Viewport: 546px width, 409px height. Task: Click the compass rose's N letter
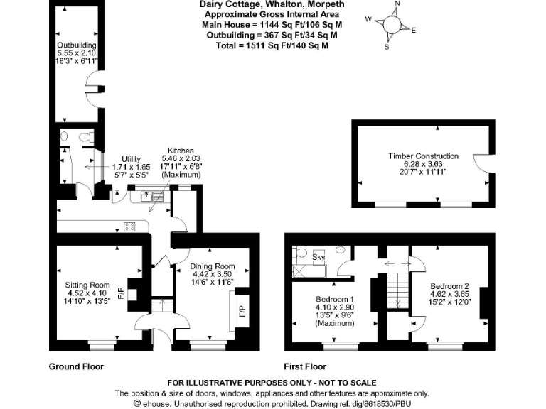point(397,4)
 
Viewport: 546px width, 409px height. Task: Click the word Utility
point(132,158)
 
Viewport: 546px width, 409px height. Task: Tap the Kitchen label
point(177,151)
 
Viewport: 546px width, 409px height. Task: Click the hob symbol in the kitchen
point(130,227)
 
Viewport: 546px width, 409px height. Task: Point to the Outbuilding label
point(77,45)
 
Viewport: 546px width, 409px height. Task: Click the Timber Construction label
point(423,156)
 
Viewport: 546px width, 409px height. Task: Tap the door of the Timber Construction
point(483,164)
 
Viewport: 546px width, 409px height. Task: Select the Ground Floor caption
point(75,367)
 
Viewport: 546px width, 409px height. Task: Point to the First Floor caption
point(306,367)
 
